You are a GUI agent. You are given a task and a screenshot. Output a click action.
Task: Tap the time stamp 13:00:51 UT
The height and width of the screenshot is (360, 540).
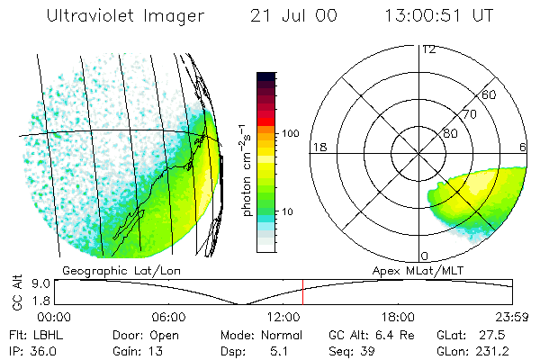pos(438,16)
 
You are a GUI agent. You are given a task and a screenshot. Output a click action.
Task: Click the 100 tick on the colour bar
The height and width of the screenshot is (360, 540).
pos(289,133)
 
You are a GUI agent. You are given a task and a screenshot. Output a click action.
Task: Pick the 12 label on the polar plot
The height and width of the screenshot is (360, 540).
pos(428,49)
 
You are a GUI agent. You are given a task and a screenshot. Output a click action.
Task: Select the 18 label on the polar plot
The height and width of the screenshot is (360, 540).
pos(318,147)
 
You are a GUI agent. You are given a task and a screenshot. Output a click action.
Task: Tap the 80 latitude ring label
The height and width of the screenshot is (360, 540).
pos(449,133)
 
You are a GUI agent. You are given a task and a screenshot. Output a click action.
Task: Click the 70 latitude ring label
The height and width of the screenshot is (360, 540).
pos(468,114)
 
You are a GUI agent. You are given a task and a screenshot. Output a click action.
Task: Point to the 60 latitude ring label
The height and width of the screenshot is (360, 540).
pos(489,94)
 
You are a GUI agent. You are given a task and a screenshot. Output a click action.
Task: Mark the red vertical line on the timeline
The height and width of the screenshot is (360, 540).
pos(303,292)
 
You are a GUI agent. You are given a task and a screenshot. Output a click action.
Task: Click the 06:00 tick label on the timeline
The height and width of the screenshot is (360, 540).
pos(168,317)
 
